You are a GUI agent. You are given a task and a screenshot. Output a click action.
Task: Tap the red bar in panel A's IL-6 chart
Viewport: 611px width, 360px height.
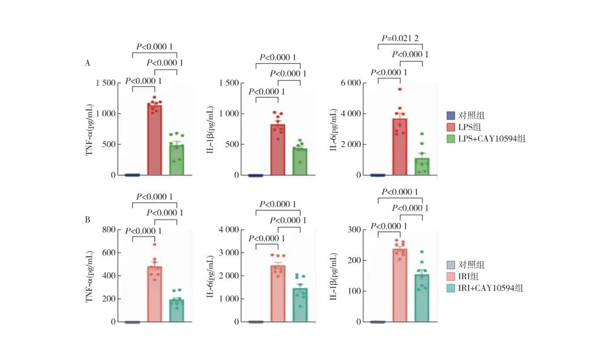(x=400, y=147)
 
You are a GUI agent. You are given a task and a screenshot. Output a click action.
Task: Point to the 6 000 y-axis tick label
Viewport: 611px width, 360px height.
(x=350, y=83)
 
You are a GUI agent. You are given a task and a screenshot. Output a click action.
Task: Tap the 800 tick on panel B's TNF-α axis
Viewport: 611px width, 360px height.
(x=107, y=230)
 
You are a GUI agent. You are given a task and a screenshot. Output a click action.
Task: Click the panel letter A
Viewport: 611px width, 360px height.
(x=87, y=63)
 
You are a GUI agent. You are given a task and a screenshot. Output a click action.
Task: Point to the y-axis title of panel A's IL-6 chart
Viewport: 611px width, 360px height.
(x=338, y=129)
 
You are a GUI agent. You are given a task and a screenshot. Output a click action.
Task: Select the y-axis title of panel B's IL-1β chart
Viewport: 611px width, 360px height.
(x=338, y=276)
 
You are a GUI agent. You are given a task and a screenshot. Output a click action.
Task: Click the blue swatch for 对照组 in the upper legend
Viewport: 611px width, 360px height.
(x=451, y=114)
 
